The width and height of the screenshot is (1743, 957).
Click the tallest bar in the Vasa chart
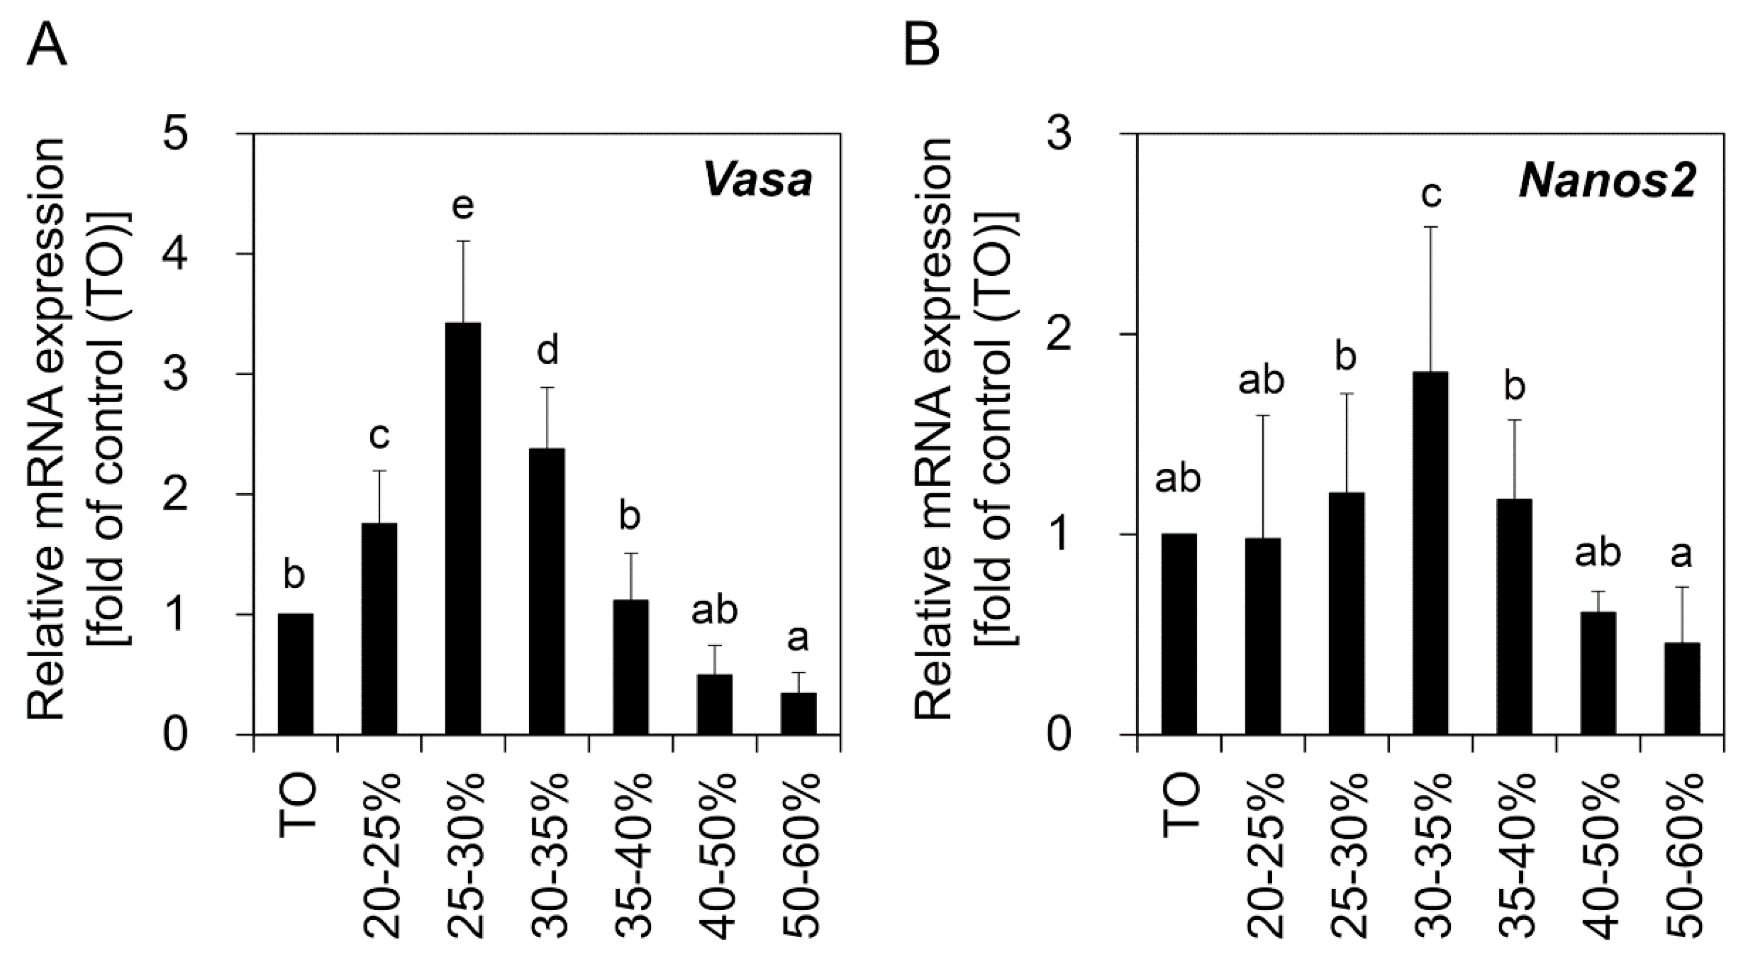click(463, 528)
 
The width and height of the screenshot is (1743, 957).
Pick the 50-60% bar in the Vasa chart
click(798, 713)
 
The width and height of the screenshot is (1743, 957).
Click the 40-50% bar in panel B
click(1598, 672)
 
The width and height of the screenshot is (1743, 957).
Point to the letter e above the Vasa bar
click(463, 206)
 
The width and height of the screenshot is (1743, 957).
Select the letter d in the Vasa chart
click(547, 352)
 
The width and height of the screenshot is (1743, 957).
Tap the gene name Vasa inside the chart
click(758, 181)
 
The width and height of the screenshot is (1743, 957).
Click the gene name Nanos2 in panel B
click(1607, 181)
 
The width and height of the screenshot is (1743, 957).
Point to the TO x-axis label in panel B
click(1181, 805)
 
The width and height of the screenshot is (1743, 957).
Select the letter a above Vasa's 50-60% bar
click(799, 639)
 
